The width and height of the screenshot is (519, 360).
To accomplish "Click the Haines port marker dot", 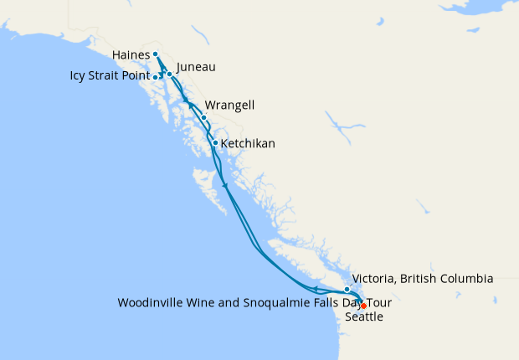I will point(156,54).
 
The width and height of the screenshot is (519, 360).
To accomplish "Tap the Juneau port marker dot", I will point(169,74).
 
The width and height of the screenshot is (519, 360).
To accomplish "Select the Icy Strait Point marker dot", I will point(157,77).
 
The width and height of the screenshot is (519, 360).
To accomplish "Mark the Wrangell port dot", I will point(203,117).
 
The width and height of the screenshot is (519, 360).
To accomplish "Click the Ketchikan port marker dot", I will point(215,142).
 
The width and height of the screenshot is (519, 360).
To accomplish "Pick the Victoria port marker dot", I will point(347,289).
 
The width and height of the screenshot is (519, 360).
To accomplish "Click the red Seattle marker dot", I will point(363,306).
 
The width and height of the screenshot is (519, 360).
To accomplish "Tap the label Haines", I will point(131,55).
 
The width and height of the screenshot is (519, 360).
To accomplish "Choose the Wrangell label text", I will point(231,105).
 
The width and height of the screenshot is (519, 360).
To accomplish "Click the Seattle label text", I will point(365,317).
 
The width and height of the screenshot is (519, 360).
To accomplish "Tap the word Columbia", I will point(465,279).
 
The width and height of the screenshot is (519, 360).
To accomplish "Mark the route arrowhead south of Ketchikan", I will point(225,185).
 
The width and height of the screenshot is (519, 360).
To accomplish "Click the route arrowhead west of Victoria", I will point(315,290).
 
